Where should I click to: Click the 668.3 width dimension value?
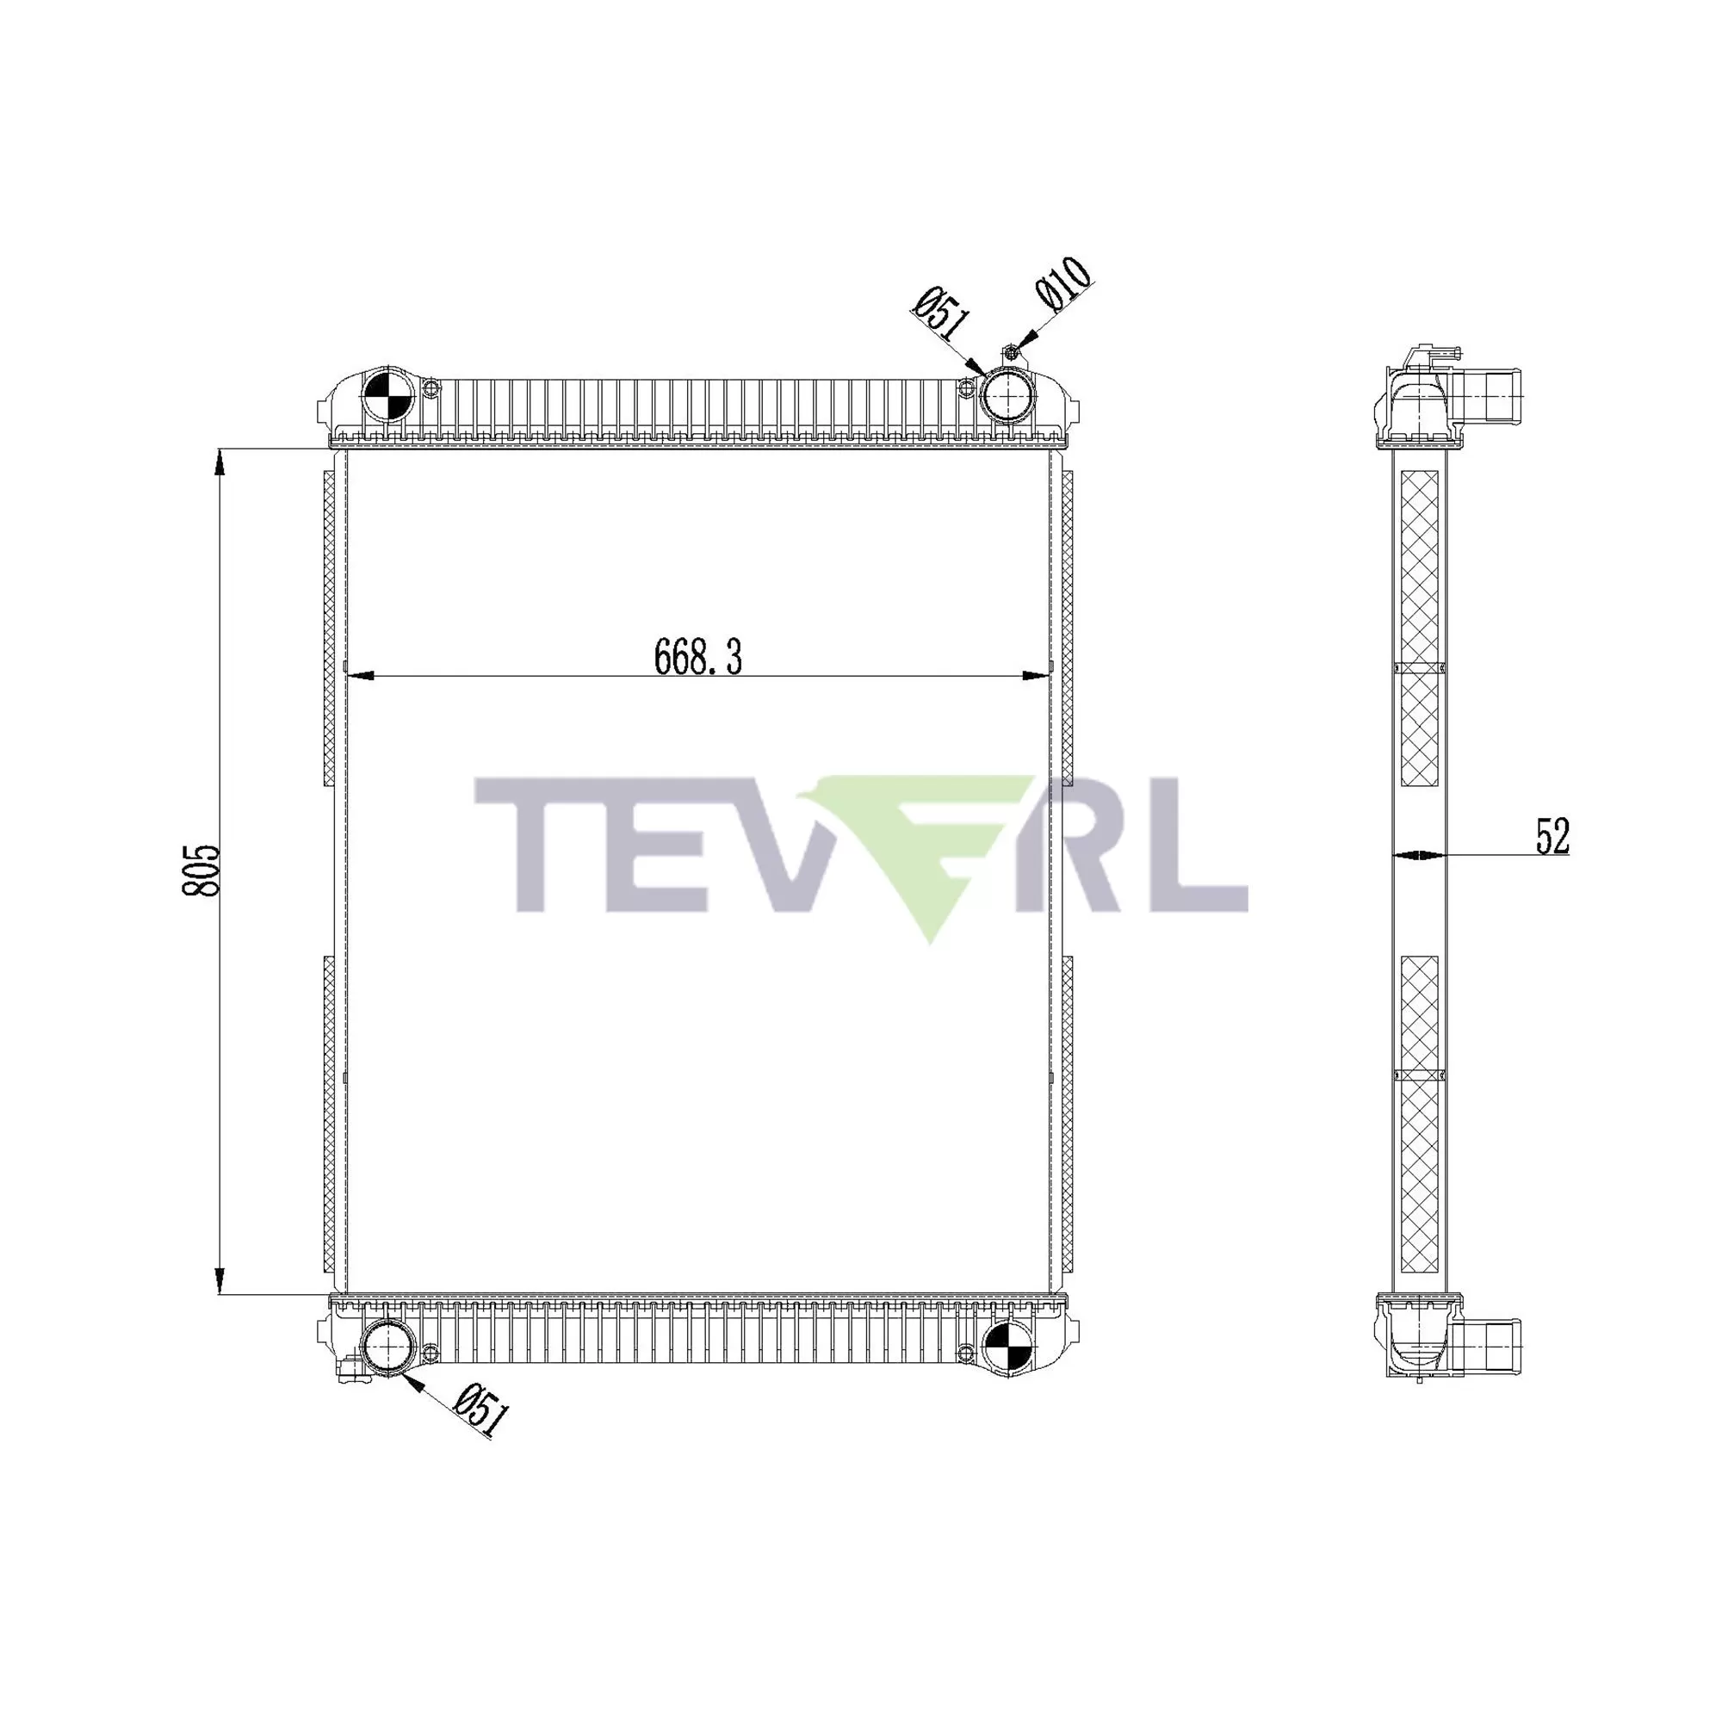[x=698, y=657]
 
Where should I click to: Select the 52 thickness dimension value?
[x=1552, y=836]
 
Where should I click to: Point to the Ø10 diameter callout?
[x=1063, y=284]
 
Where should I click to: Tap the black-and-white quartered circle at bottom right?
[x=1008, y=1346]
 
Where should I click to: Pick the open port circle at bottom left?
[x=388, y=1346]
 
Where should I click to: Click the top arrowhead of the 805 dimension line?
[x=220, y=460]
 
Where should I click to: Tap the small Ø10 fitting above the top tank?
[x=1012, y=354]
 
